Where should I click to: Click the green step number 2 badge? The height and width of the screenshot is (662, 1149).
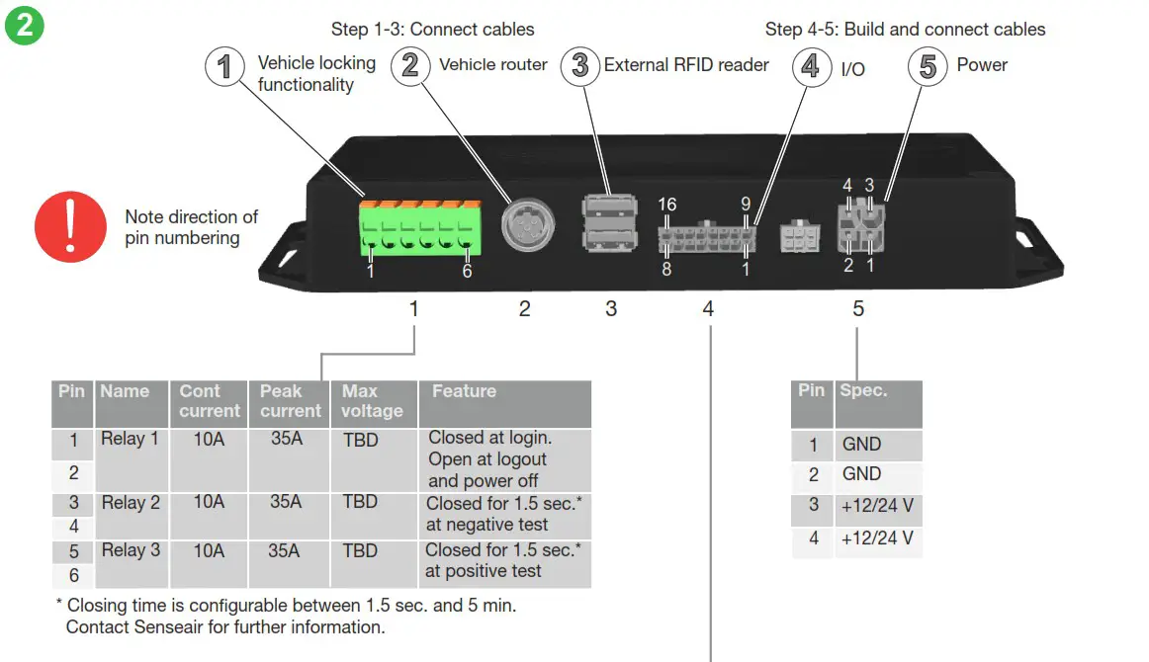tap(24, 26)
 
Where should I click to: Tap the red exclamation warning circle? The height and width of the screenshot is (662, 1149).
tap(70, 227)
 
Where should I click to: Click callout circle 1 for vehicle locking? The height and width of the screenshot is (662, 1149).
tap(225, 66)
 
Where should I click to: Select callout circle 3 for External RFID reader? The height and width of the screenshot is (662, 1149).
tap(580, 66)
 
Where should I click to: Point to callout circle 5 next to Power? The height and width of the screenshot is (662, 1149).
tap(928, 67)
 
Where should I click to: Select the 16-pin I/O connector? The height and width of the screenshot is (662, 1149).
tap(706, 238)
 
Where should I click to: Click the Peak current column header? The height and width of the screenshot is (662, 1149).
tap(290, 401)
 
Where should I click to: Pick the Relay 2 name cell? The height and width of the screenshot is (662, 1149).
tap(131, 503)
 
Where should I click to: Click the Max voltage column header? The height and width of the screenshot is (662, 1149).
tap(372, 401)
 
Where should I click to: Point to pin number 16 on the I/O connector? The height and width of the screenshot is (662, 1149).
tap(667, 205)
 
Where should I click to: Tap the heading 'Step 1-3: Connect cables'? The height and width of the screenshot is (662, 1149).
tap(433, 30)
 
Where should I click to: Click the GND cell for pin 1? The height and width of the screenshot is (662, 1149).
tap(861, 445)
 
